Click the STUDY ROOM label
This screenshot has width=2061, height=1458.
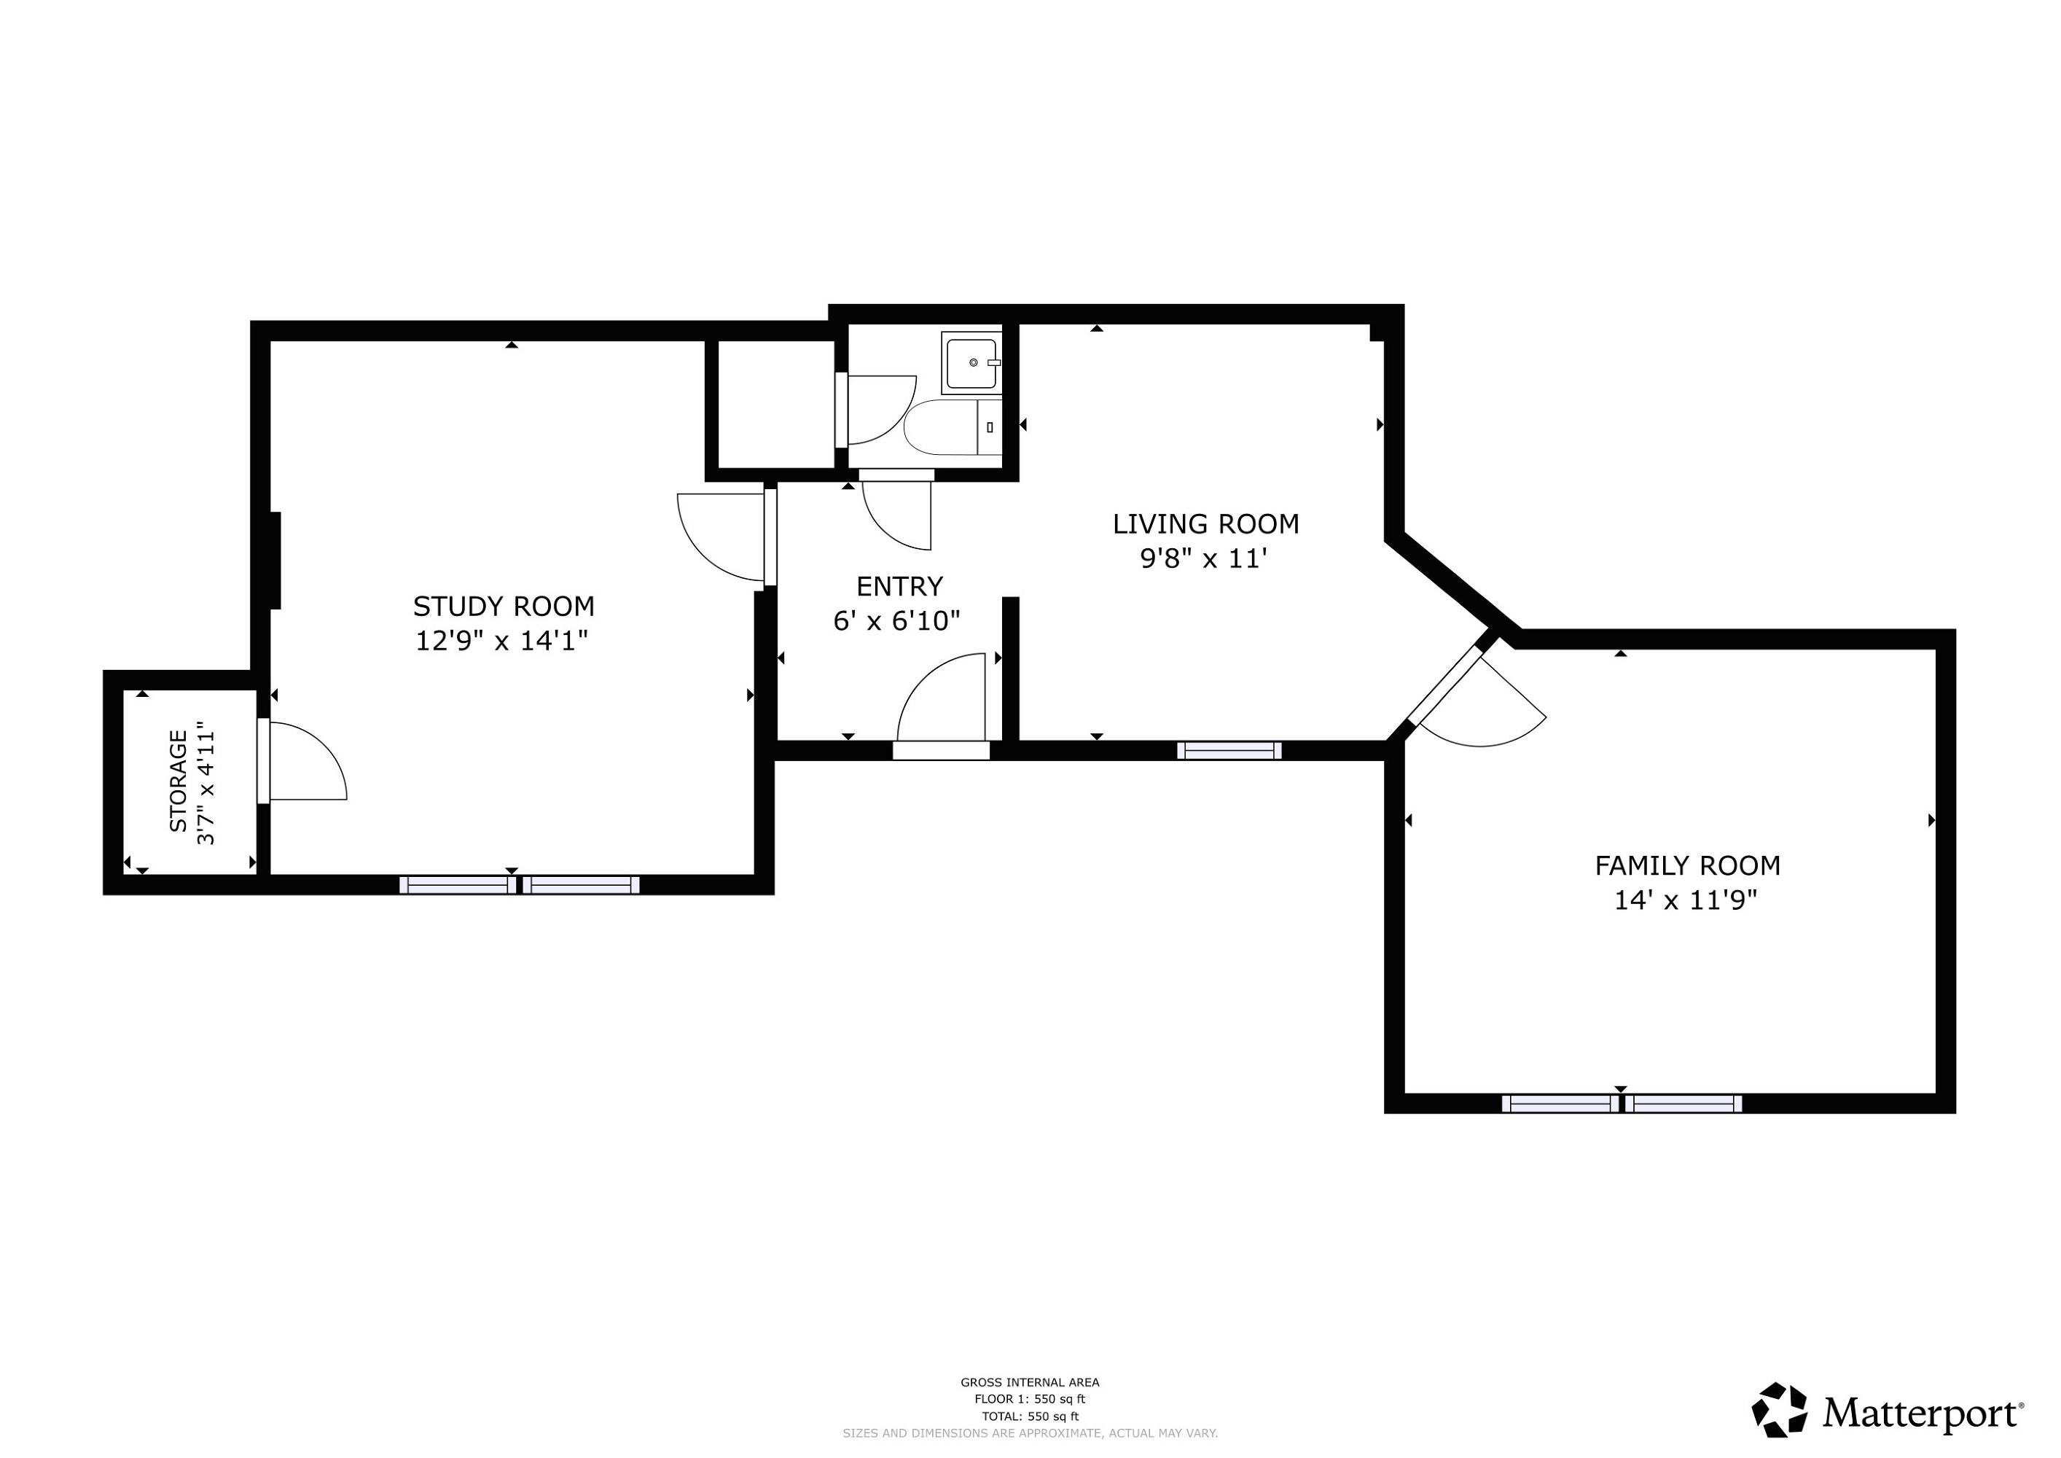(x=504, y=607)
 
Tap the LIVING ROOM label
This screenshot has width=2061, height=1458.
(x=1205, y=524)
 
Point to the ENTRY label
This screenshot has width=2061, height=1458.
(x=899, y=587)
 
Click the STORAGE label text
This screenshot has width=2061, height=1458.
(x=179, y=780)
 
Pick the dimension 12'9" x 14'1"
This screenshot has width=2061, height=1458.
(x=502, y=641)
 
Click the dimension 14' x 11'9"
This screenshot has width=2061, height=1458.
(x=1685, y=900)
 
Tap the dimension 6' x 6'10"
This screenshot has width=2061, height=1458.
(x=896, y=620)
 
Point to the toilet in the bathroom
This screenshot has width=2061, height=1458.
(x=953, y=427)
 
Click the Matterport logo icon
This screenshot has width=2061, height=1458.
(x=1779, y=1409)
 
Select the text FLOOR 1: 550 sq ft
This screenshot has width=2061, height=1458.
(x=1030, y=1399)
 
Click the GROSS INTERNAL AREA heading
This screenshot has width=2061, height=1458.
(x=1030, y=1383)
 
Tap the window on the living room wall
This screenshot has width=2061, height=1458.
(x=1229, y=751)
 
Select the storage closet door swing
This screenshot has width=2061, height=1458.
(x=308, y=761)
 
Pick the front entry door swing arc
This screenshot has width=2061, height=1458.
(x=942, y=698)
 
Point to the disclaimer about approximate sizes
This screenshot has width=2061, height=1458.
(x=1030, y=1434)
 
